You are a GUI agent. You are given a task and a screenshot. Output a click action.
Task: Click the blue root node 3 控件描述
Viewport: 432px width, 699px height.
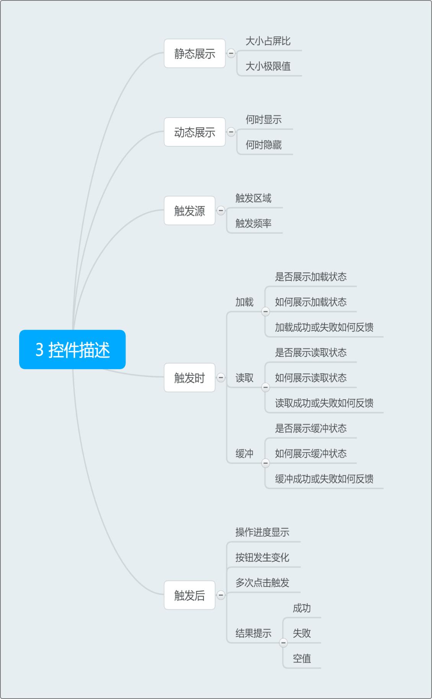click(72, 349)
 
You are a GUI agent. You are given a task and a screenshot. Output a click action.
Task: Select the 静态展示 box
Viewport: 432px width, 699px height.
click(194, 54)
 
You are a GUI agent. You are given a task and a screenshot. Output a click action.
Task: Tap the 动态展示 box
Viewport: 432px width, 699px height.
click(194, 132)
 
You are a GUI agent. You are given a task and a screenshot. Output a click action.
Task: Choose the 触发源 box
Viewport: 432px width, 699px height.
click(189, 211)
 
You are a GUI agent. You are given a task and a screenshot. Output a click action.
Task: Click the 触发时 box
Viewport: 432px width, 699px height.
click(189, 378)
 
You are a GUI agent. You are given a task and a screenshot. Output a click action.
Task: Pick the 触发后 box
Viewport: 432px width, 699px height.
click(189, 595)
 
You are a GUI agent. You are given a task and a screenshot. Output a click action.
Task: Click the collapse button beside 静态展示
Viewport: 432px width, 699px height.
click(231, 53)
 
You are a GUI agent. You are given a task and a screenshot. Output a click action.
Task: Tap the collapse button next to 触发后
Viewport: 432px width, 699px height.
click(221, 595)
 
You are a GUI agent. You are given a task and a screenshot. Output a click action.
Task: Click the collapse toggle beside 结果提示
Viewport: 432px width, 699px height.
click(283, 642)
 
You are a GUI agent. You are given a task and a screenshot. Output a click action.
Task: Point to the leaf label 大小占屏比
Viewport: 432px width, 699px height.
click(268, 41)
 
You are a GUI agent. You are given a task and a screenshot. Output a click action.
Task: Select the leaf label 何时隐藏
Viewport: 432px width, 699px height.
click(264, 145)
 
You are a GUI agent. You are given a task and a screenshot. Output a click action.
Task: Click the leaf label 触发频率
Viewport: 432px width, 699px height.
click(253, 223)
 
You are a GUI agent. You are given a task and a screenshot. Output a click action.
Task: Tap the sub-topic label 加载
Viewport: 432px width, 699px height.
click(245, 302)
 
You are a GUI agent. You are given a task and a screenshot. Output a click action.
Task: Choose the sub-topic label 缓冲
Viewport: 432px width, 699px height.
click(245, 453)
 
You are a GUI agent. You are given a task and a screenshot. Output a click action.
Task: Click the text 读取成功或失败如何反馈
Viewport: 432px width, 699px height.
click(324, 403)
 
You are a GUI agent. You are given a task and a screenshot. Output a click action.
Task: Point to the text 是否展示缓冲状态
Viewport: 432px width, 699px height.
click(311, 428)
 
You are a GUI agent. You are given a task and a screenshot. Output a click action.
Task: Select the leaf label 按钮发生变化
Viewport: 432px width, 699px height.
click(262, 557)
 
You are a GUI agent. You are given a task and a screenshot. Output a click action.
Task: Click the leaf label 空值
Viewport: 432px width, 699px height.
click(302, 658)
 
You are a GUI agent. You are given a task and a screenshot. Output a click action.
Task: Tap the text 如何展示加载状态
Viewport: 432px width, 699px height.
click(311, 302)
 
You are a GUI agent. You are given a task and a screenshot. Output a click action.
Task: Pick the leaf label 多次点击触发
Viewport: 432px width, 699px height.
click(262, 583)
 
